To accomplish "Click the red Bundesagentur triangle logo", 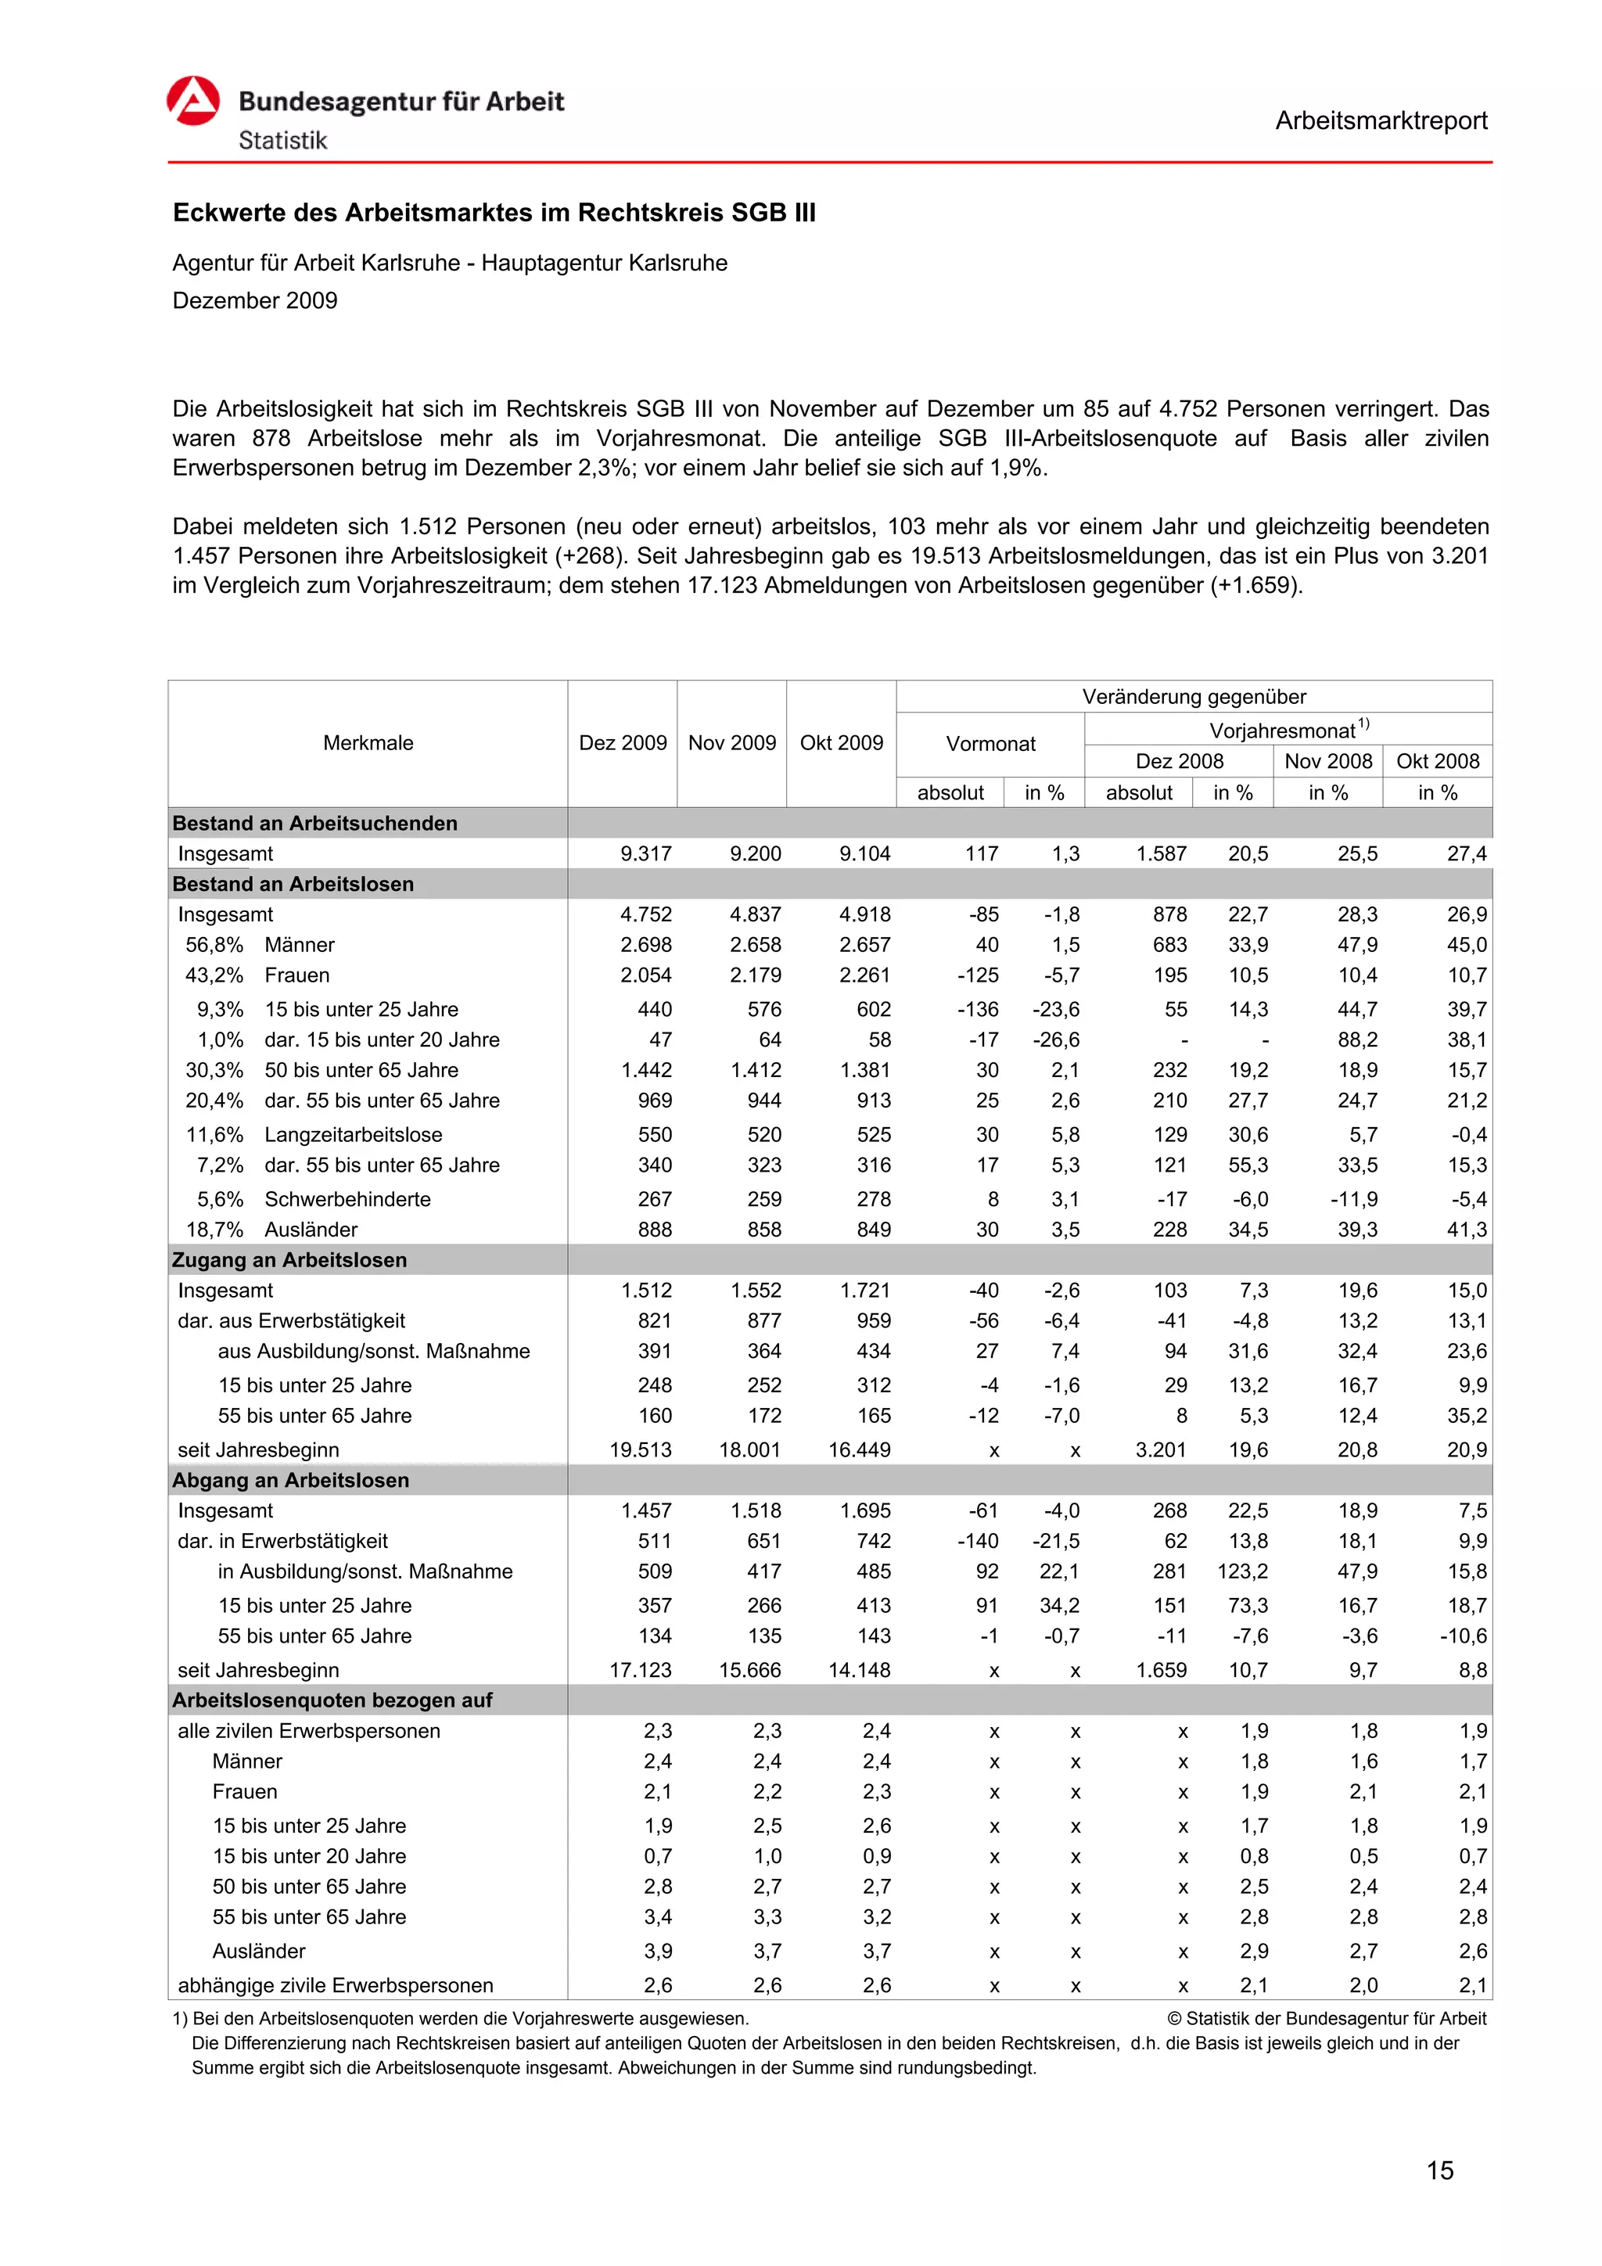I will point(192,101).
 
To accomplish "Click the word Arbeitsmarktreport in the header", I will point(1380,121).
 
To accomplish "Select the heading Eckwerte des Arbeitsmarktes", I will point(494,214).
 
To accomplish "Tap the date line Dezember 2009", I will point(255,301).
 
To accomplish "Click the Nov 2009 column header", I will point(731,743).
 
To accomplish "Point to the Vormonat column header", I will point(990,744).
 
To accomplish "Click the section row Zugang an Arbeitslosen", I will point(289,1260).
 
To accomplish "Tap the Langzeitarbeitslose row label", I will point(354,1135).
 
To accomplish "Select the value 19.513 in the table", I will point(641,1450).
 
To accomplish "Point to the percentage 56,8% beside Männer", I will point(214,946).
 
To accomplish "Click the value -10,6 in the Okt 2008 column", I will point(1463,1636).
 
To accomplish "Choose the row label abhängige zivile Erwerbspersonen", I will point(336,1986).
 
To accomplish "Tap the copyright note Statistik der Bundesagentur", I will point(1327,2018).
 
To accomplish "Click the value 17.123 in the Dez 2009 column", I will point(641,1670).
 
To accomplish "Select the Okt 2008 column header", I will point(1437,761).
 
